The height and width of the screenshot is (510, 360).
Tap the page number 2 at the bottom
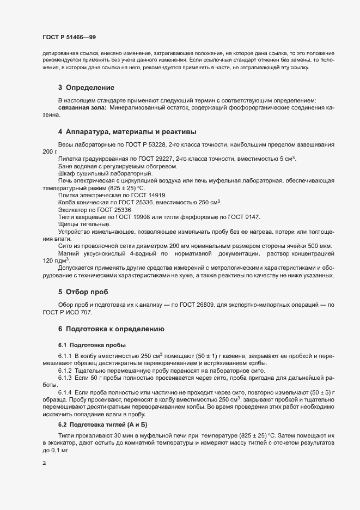(x=44, y=463)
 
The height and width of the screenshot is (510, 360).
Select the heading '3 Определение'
(x=86, y=87)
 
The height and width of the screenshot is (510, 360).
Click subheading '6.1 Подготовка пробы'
(x=92, y=345)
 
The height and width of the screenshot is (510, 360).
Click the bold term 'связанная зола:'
(x=82, y=108)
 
